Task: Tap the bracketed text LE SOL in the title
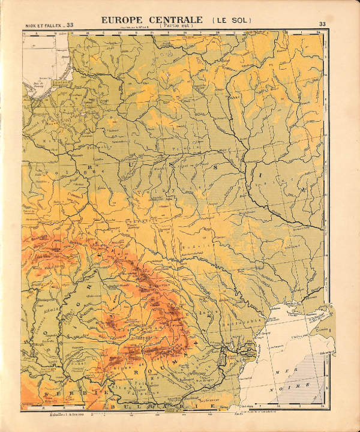point(232,20)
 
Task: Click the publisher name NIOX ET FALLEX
point(44,25)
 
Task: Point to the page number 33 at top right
point(323,25)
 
